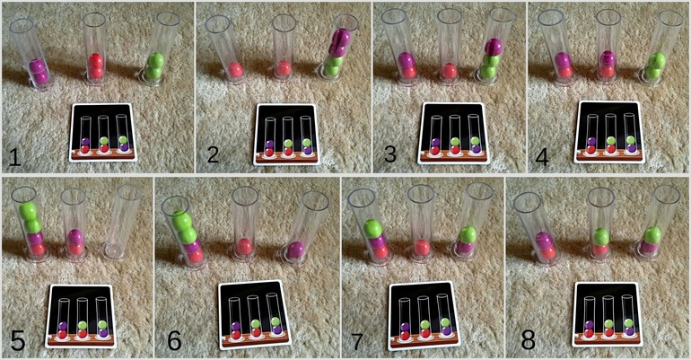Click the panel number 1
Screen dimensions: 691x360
coord(14,157)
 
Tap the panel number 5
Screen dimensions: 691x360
coord(18,339)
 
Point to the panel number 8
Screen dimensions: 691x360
coord(528,339)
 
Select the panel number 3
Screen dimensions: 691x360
coord(390,154)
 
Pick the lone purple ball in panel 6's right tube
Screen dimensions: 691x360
coord(295,250)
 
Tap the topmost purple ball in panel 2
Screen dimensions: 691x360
coord(343,36)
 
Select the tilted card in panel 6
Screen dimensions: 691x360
coord(255,314)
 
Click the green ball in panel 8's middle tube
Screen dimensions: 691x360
coord(600,237)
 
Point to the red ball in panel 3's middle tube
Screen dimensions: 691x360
coord(449,71)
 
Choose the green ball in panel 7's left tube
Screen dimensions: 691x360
coord(372,228)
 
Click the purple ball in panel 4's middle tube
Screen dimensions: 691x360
coord(608,58)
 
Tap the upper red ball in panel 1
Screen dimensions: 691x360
coord(96,60)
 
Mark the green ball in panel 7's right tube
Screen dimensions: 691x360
coord(468,235)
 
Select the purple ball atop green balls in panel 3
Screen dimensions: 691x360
coord(494,47)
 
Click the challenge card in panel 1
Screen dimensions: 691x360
coord(102,132)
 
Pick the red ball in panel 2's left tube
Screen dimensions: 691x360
coord(235,70)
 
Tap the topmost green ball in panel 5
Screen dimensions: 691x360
coord(28,211)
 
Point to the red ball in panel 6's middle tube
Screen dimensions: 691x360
coord(244,246)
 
